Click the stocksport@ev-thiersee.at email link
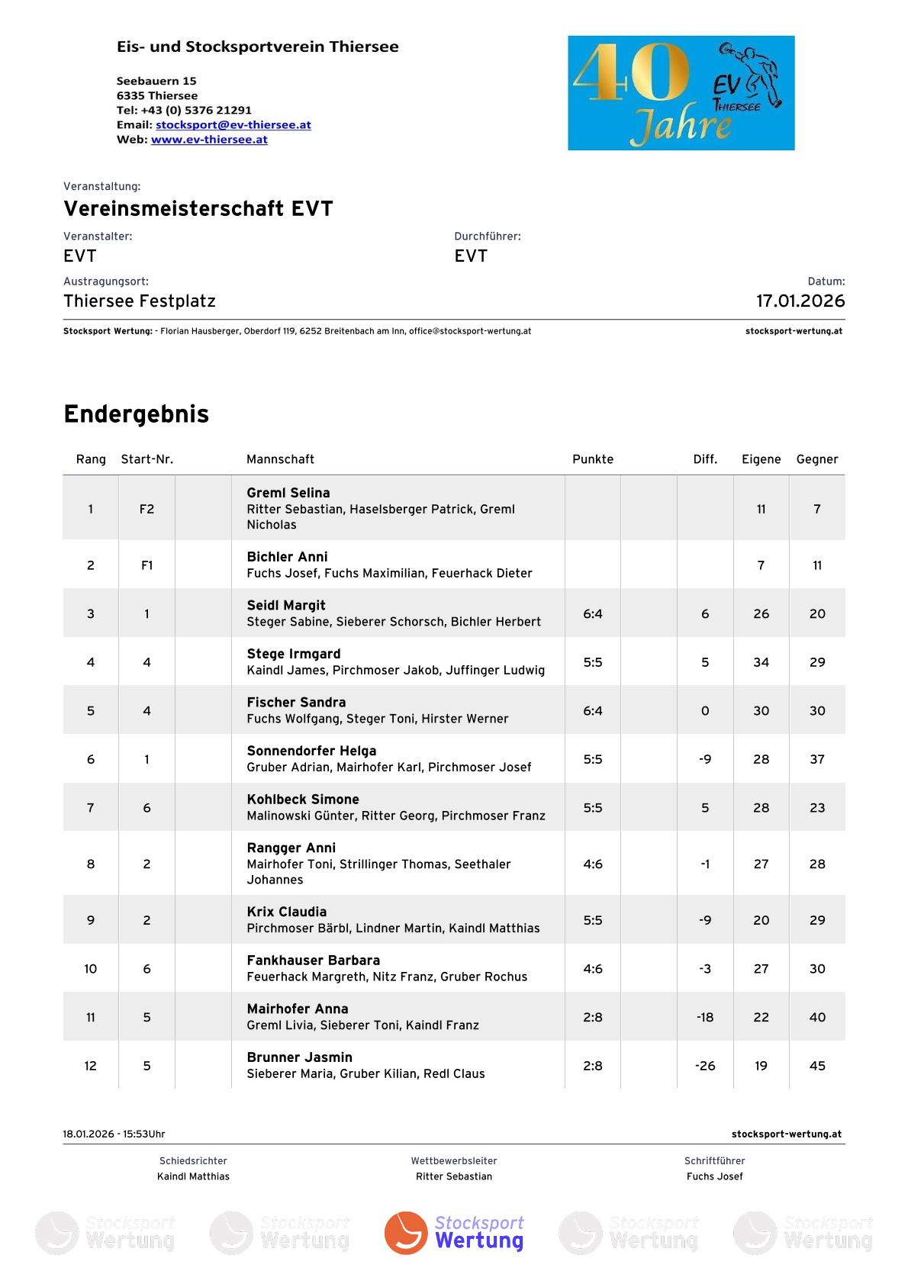point(233,124)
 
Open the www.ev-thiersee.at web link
point(209,140)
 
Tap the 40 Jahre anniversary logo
point(681,92)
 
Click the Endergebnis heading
point(136,414)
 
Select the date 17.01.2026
point(800,301)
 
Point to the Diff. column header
point(705,459)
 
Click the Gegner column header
point(816,459)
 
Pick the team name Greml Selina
point(288,493)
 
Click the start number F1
point(147,565)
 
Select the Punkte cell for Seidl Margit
point(593,613)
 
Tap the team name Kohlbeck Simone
point(303,799)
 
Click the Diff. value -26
point(705,1066)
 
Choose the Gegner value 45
point(817,1066)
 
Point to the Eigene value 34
point(761,662)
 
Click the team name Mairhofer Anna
point(298,1009)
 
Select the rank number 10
point(91,969)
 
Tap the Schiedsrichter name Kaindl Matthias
point(193,1176)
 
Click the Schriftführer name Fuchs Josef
point(714,1176)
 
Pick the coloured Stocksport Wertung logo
point(454,1232)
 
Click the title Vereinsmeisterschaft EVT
point(198,208)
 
